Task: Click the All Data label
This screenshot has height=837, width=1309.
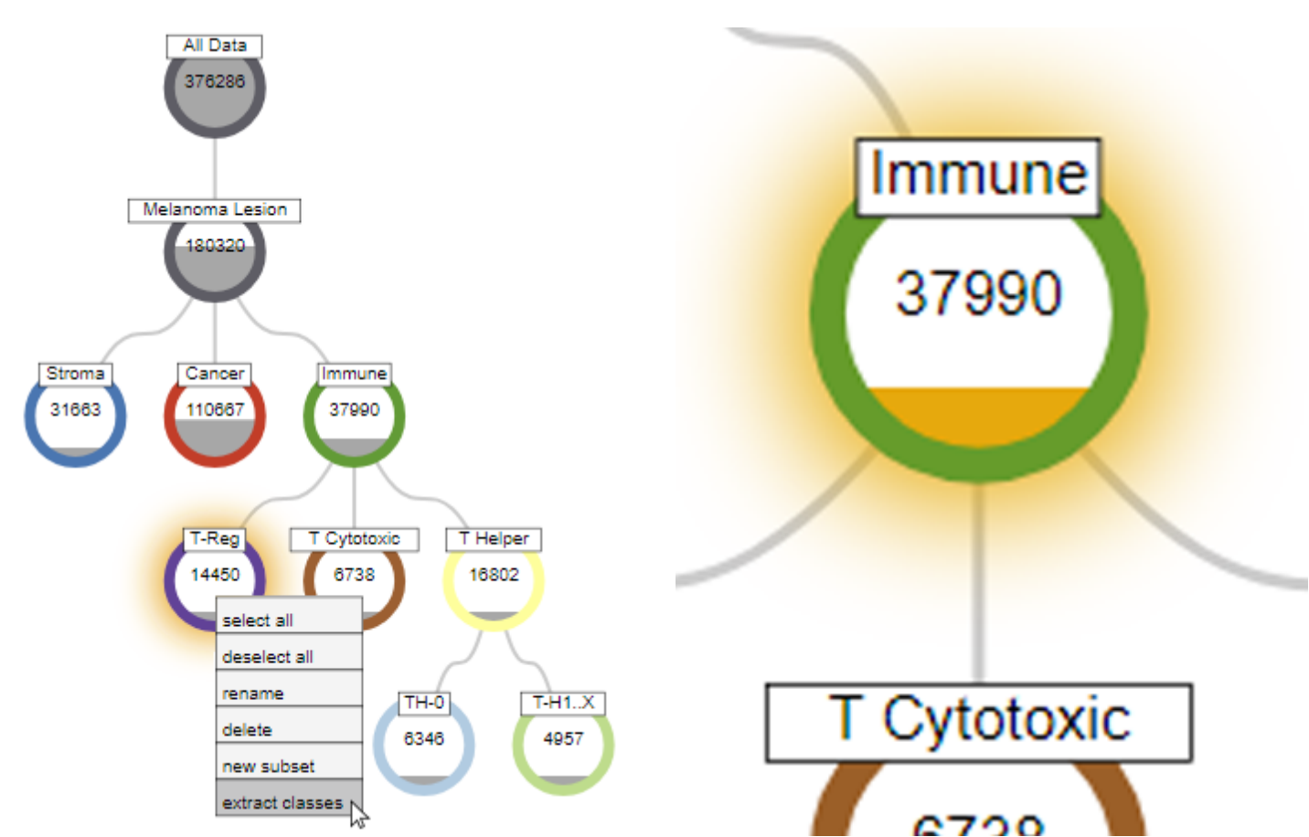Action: click(x=214, y=46)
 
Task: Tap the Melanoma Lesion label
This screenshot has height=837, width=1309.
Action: click(x=214, y=210)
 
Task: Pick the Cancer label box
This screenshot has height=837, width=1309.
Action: click(x=214, y=374)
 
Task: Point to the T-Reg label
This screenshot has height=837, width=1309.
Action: click(x=214, y=538)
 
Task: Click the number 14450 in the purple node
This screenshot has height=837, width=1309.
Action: click(x=214, y=575)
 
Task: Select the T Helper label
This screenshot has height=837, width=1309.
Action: click(x=494, y=539)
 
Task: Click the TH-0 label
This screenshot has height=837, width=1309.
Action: click(x=424, y=703)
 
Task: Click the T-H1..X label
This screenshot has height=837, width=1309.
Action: click(x=563, y=703)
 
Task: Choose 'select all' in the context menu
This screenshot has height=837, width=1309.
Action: click(x=289, y=620)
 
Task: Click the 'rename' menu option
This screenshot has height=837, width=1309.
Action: click(x=289, y=693)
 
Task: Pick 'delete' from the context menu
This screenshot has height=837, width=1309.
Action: click(x=289, y=729)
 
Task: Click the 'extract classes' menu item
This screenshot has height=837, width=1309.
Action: click(x=283, y=801)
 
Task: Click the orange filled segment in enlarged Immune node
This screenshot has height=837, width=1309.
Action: click(x=978, y=416)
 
